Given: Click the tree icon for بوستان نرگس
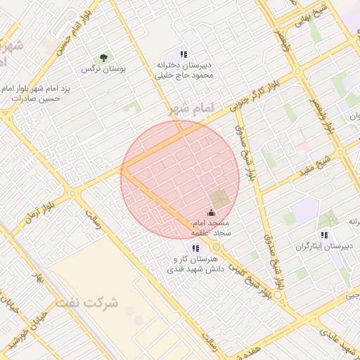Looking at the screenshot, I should point(103,58).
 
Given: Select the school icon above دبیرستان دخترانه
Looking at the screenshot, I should point(184,54).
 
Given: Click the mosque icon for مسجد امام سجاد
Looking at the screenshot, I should point(210,213).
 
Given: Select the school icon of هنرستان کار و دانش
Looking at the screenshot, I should point(195,247).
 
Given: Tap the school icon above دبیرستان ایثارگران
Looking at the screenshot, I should point(323,235).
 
